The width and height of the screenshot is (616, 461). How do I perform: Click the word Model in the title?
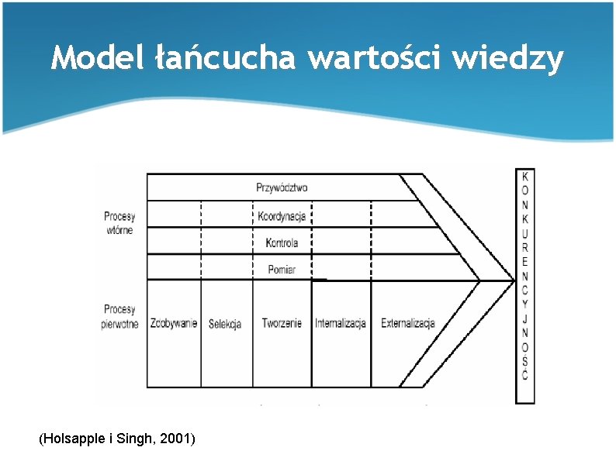point(94,58)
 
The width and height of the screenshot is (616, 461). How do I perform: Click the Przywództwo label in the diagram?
point(282,187)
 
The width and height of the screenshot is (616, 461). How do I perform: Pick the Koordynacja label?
point(282,216)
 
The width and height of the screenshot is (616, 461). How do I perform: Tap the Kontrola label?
point(282,243)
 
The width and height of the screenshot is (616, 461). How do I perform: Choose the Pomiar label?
point(282,270)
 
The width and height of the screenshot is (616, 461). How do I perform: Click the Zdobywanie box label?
point(174,323)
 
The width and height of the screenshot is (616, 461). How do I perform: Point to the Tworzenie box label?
point(282,323)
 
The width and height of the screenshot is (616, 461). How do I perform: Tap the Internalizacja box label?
point(341,323)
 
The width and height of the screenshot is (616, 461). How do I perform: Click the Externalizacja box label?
point(408,323)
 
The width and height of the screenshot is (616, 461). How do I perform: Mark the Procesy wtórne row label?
point(119,223)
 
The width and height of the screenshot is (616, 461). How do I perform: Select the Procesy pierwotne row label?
point(119,317)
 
